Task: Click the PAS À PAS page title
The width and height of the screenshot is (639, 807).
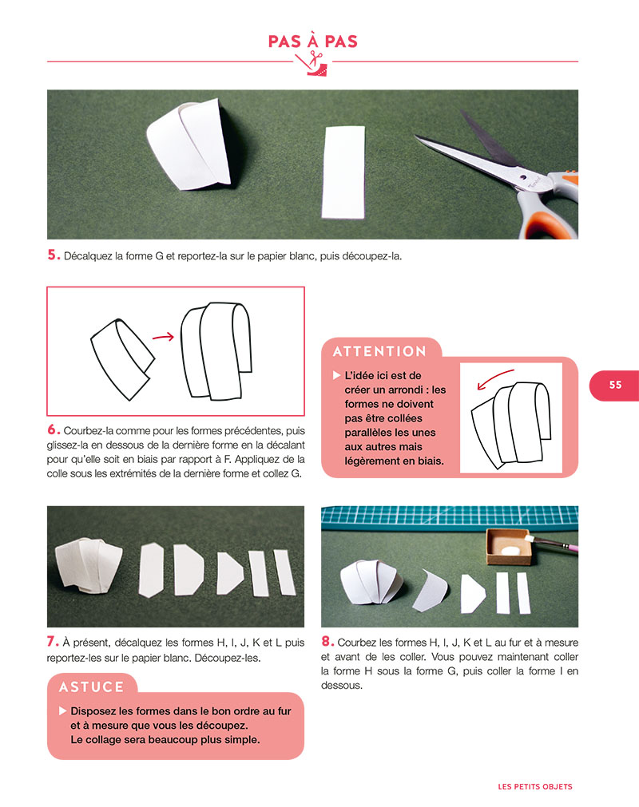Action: [313, 41]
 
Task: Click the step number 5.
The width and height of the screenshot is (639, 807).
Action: [54, 255]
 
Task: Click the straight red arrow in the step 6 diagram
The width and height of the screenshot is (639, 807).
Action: [163, 337]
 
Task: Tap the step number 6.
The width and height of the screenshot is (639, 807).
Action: [54, 429]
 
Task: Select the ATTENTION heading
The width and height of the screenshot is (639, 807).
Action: [379, 351]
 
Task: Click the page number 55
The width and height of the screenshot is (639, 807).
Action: [614, 385]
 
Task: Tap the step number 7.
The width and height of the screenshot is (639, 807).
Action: [53, 642]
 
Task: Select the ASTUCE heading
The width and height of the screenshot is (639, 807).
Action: [93, 686]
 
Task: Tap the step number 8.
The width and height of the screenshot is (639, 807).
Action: [327, 642]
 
